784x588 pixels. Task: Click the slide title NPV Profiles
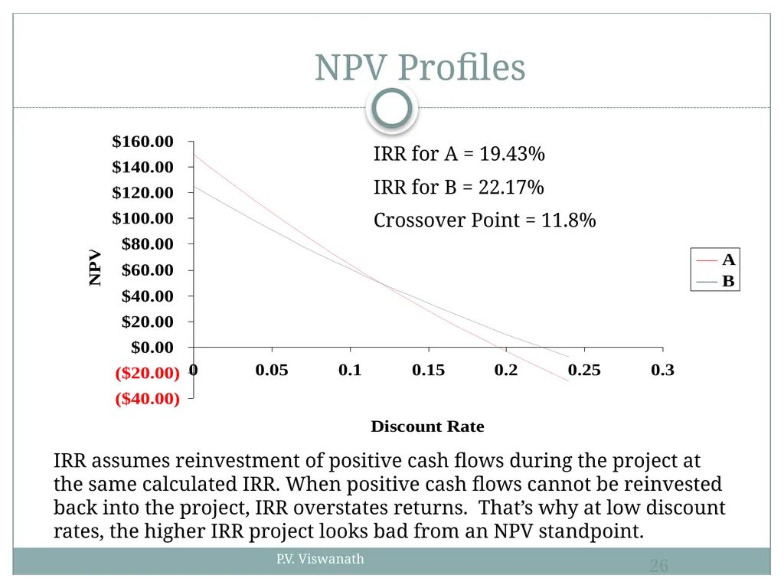tap(420, 67)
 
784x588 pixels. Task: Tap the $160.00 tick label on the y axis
tap(142, 142)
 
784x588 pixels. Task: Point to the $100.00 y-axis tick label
tap(142, 218)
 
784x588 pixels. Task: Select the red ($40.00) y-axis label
tap(148, 398)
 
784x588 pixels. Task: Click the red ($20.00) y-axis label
tap(148, 373)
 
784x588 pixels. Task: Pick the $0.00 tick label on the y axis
tap(152, 347)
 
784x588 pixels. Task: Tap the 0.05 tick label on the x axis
tap(272, 370)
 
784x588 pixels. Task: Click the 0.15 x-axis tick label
tap(428, 370)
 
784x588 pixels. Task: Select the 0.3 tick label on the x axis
tap(662, 370)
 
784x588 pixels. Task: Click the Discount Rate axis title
tap(427, 426)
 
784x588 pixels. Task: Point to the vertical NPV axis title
tap(95, 268)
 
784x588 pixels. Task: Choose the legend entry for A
tap(716, 260)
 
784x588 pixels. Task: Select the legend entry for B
tap(716, 281)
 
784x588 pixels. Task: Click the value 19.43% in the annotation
tap(512, 154)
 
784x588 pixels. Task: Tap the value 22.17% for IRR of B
tap(511, 188)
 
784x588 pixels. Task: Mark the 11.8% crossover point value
tap(569, 220)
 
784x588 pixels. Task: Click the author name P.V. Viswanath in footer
tap(320, 559)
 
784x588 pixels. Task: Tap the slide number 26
tap(659, 566)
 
